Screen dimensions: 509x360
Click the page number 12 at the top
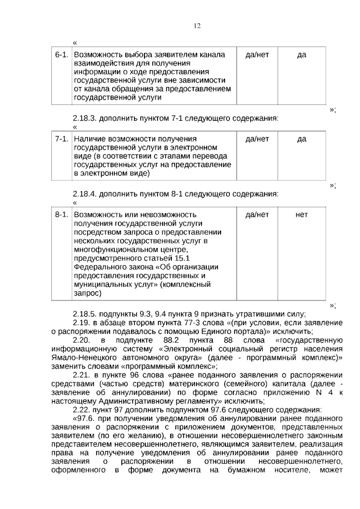coord(197,26)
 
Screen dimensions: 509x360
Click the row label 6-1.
coord(61,55)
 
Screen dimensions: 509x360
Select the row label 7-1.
coord(61,139)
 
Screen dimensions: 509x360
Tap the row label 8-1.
coord(61,215)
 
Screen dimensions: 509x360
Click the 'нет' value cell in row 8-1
coord(301,215)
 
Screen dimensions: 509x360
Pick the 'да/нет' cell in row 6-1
coord(257,55)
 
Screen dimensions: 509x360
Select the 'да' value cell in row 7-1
coord(301,139)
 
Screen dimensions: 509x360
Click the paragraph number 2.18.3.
coord(85,118)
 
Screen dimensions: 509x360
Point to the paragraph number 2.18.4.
coord(85,194)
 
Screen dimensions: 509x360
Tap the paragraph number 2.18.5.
coord(85,315)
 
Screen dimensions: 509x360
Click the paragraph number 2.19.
coord(81,323)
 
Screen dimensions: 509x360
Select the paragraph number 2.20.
coord(81,341)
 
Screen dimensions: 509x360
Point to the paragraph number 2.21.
coord(81,375)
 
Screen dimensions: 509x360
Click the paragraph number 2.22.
coord(81,410)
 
